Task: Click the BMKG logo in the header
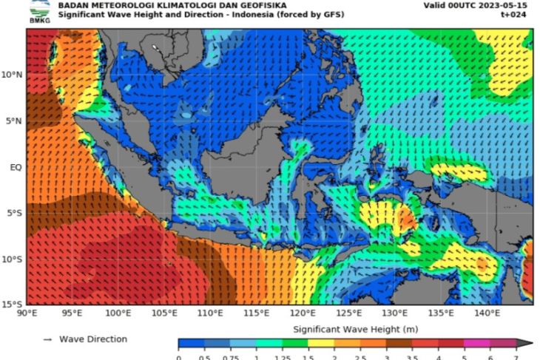click(x=36, y=10)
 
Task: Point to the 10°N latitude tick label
click(x=11, y=75)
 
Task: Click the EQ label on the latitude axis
click(x=15, y=167)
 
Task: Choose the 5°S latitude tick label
click(x=13, y=214)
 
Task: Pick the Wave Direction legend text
click(x=93, y=339)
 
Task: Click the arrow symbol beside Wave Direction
click(x=47, y=339)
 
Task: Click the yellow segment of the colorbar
click(x=320, y=344)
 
